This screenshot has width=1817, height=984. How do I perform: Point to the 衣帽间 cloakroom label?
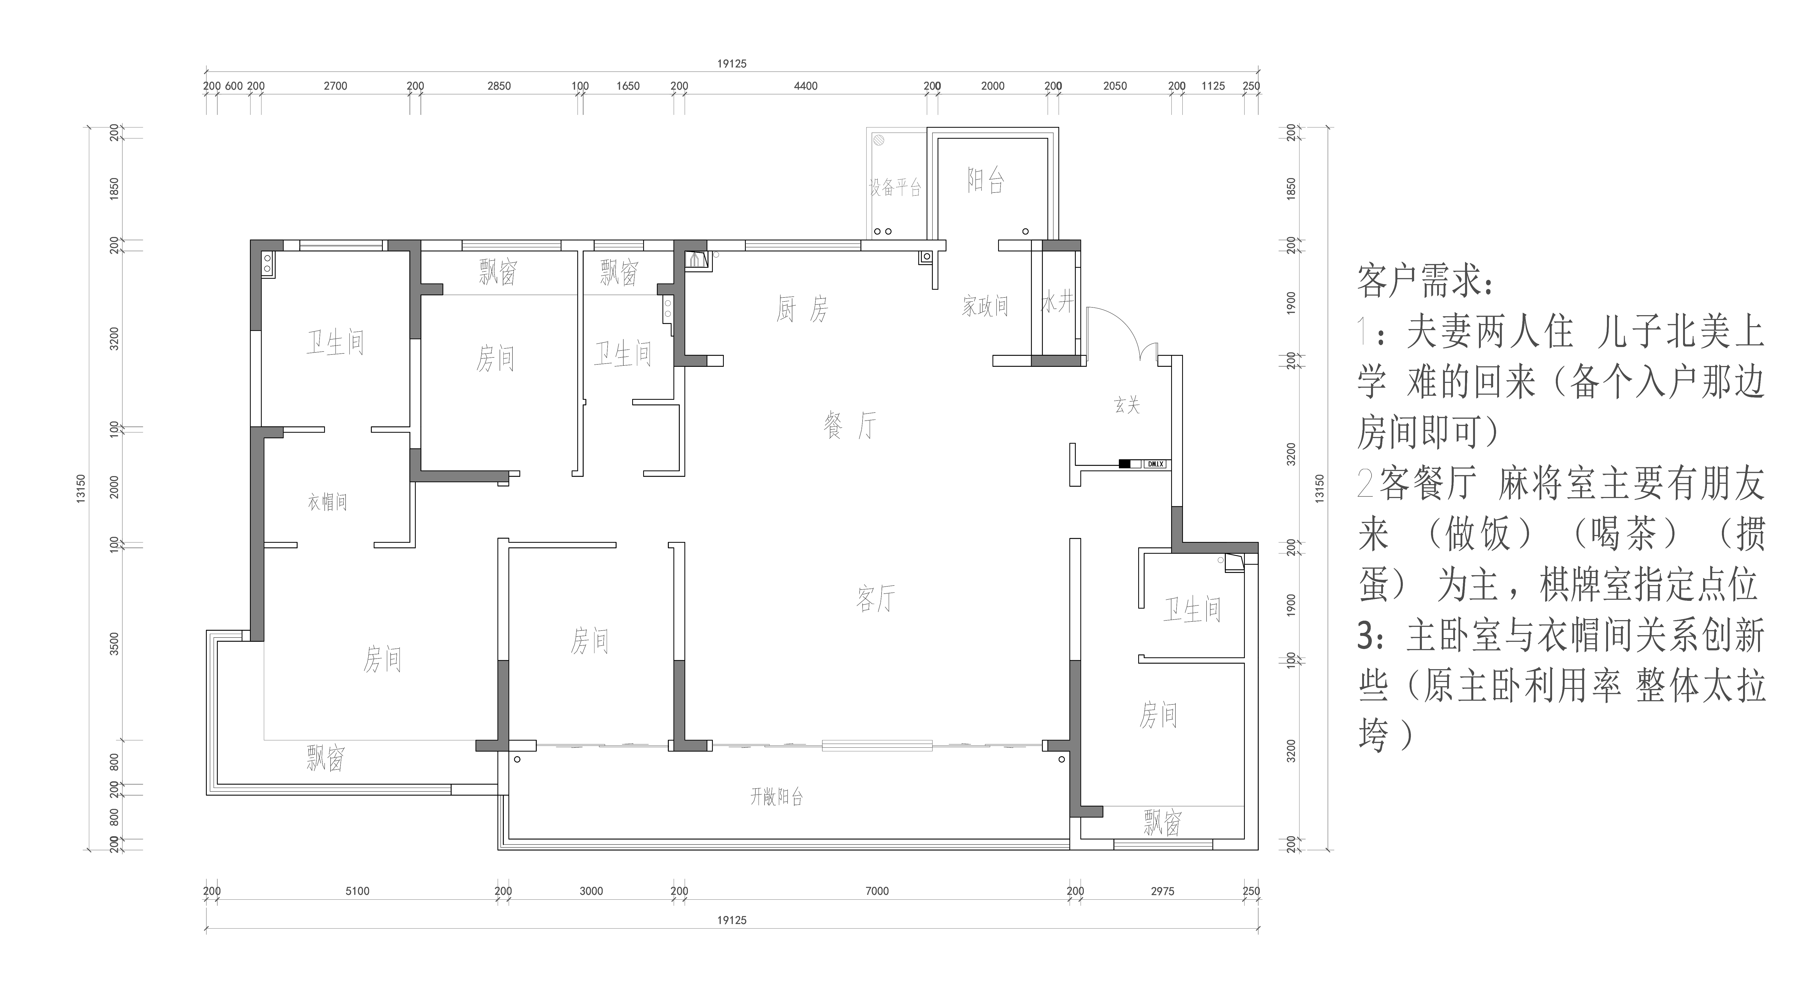coord(327,502)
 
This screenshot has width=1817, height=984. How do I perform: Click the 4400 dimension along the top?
coord(806,86)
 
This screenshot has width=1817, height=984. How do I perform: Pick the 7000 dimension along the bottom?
coord(877,891)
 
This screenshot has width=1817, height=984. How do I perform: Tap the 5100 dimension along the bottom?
coord(358,891)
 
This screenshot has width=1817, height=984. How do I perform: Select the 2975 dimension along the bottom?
coord(1162,891)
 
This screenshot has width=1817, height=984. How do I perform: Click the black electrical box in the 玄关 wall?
coord(1124,464)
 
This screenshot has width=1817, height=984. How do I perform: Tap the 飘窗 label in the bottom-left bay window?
coord(325,759)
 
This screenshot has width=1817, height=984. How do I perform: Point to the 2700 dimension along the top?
coord(336,86)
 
